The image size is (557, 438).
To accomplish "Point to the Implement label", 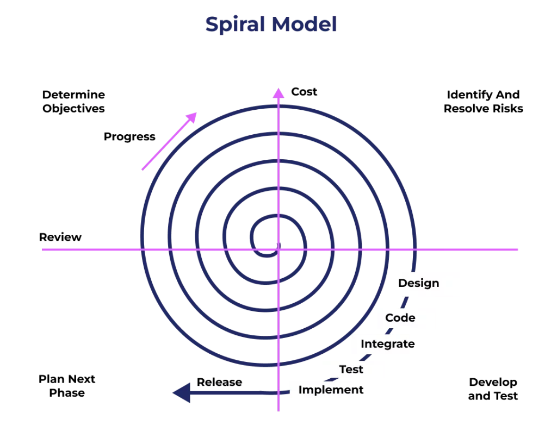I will (x=324, y=390).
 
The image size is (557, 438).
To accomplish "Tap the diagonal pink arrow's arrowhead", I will (x=193, y=116).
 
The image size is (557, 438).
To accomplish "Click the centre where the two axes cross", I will (x=278, y=250).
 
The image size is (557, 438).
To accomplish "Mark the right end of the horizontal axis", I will (x=520, y=250).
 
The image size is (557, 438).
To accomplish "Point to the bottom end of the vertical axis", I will (x=278, y=410).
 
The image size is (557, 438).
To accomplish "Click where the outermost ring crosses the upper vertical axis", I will (x=278, y=107).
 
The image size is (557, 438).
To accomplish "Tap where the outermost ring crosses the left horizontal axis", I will (x=141, y=250).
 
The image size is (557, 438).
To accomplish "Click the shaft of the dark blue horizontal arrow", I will (x=234, y=392).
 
